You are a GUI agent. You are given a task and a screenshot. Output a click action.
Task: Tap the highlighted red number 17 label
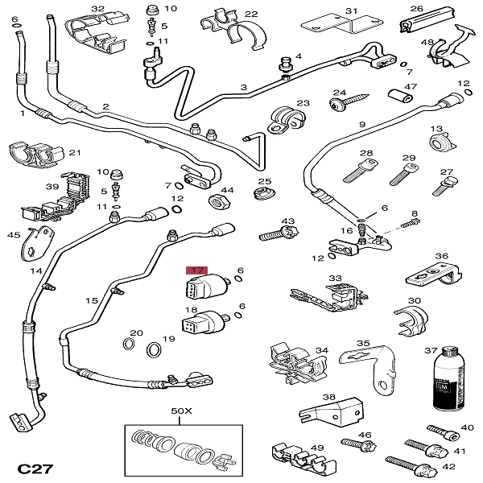[x=196, y=271]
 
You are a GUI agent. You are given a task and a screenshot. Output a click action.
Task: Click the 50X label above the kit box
[x=182, y=411]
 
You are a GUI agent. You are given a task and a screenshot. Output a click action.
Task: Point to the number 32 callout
[x=97, y=9]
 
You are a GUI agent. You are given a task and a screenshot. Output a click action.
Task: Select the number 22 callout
[x=251, y=14]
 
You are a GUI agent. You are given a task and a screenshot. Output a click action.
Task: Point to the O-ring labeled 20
[x=129, y=345]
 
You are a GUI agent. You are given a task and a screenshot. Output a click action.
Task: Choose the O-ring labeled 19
[x=153, y=350]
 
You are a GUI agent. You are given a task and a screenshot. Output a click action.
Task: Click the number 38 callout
[x=328, y=397]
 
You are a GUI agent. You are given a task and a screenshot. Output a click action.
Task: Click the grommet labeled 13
[x=440, y=145]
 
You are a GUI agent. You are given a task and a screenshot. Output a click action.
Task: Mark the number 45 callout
[x=13, y=235]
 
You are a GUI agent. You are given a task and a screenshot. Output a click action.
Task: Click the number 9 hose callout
[x=362, y=124]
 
